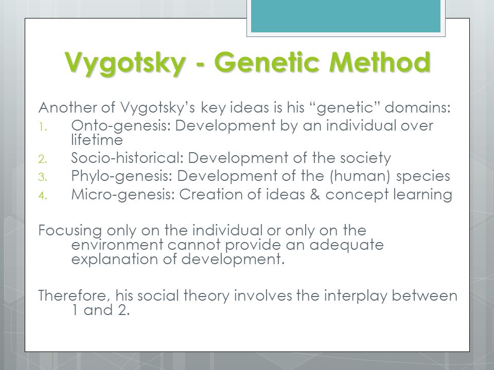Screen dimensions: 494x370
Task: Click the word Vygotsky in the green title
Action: click(x=125, y=63)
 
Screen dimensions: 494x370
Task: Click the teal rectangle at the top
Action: click(x=346, y=16)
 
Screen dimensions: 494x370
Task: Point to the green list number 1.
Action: click(x=43, y=127)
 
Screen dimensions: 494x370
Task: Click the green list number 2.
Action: click(x=43, y=159)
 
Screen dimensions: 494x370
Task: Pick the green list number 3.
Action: click(x=43, y=177)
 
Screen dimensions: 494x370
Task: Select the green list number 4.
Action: click(x=43, y=196)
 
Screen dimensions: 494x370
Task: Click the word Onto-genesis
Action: click(x=120, y=126)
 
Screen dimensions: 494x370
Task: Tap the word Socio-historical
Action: click(x=127, y=158)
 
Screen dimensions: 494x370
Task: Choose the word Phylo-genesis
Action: click(x=121, y=176)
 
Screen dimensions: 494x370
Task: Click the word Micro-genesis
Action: click(x=123, y=194)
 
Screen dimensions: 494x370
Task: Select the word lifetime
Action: click(x=97, y=140)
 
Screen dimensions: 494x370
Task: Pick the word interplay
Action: click(x=356, y=296)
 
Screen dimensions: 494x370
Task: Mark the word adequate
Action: click(x=346, y=245)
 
